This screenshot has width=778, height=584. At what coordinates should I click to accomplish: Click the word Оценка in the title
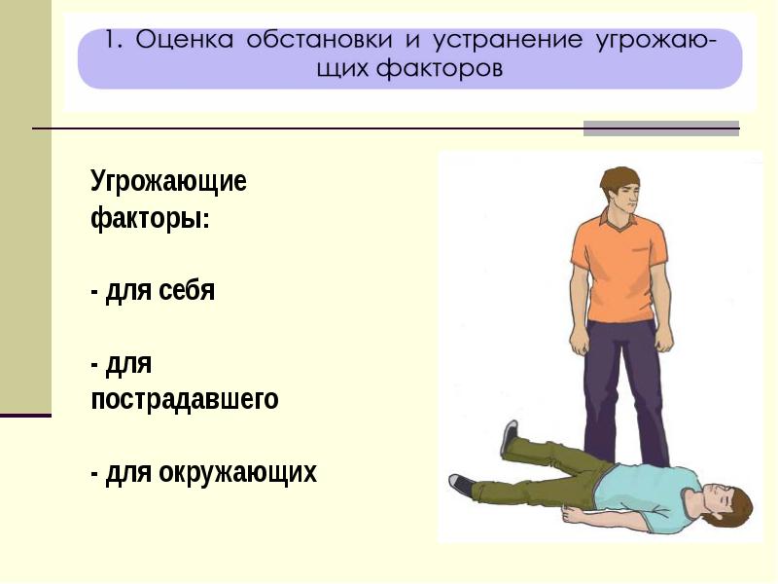[184, 39]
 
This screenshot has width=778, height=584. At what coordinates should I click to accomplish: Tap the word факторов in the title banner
[440, 68]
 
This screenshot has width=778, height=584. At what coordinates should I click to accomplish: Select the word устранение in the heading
[508, 40]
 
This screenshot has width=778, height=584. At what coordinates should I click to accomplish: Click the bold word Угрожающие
[168, 182]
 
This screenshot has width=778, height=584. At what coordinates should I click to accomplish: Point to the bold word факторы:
[151, 217]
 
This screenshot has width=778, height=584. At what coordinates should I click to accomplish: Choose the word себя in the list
[187, 290]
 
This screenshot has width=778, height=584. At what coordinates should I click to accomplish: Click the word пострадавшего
[185, 400]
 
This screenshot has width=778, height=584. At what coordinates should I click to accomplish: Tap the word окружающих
[237, 472]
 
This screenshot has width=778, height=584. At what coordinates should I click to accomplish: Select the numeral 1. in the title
[114, 39]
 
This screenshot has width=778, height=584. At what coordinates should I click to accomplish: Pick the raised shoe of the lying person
[510, 436]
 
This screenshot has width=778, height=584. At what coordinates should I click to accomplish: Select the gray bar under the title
[661, 128]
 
